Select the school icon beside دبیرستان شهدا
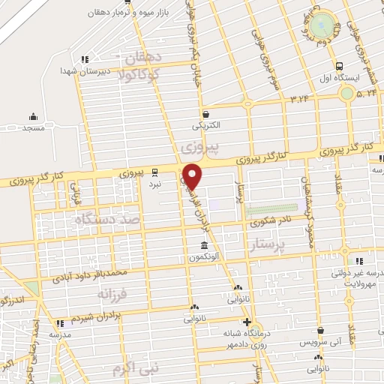(85, 58)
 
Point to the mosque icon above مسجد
(33, 116)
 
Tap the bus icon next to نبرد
(154, 170)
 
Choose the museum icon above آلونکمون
(204, 247)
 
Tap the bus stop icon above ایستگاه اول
(340, 65)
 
